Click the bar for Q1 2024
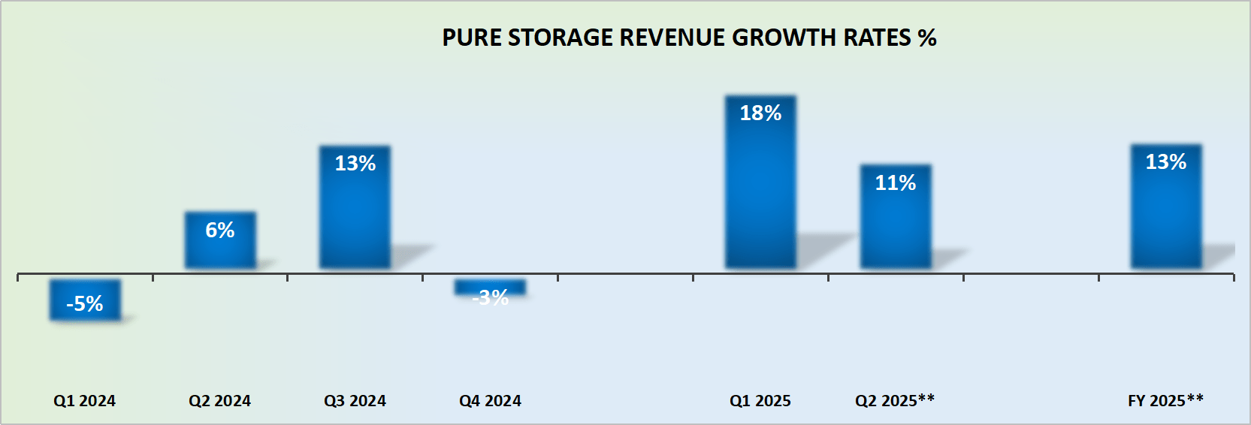pyautogui.click(x=85, y=300)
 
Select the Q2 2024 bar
pyautogui.click(x=220, y=240)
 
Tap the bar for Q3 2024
pyautogui.click(x=355, y=207)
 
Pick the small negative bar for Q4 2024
pyautogui.click(x=490, y=287)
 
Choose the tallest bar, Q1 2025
pyautogui.click(x=760, y=182)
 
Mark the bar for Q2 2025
pyautogui.click(x=896, y=216)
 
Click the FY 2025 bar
pyautogui.click(x=1166, y=206)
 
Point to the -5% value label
pyautogui.click(x=85, y=304)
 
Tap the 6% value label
pyautogui.click(x=220, y=231)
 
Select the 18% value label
pyautogui.click(x=760, y=113)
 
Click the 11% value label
pyautogui.click(x=896, y=183)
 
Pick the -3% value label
pyautogui.click(x=491, y=298)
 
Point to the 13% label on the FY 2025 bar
pyautogui.click(x=1166, y=162)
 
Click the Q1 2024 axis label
pyautogui.click(x=85, y=401)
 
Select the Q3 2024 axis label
pyautogui.click(x=355, y=401)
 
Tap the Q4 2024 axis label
pyautogui.click(x=490, y=401)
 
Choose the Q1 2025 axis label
pyautogui.click(x=760, y=401)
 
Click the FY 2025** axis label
pyautogui.click(x=1165, y=401)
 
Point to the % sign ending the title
pyautogui.click(x=927, y=38)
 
